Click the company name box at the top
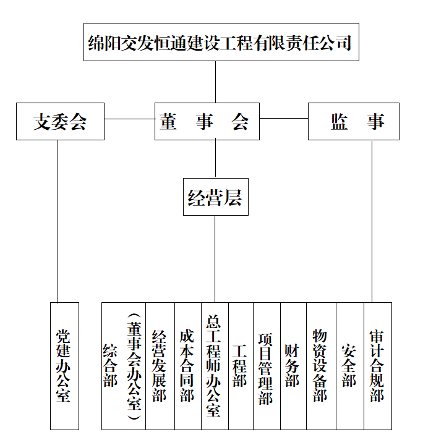220,43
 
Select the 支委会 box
60,122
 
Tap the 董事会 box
207,122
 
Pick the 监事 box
353,122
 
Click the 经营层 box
215,197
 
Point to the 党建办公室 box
64,366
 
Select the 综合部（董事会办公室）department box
124,366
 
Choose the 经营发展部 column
160,366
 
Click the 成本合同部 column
187,366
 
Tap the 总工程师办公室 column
215,366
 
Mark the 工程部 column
241,366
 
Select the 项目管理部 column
267,366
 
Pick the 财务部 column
293,366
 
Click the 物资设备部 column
321,366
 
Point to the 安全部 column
349,366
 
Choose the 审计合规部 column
377,366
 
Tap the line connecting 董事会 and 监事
283,118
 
